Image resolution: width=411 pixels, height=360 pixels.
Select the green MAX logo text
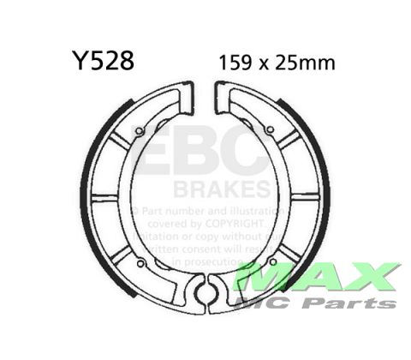pyautogui.click(x=317, y=277)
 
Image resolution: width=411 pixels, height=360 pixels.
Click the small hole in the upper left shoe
pyautogui.click(x=139, y=131)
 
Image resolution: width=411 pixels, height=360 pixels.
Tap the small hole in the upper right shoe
pyautogui.click(x=271, y=130)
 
